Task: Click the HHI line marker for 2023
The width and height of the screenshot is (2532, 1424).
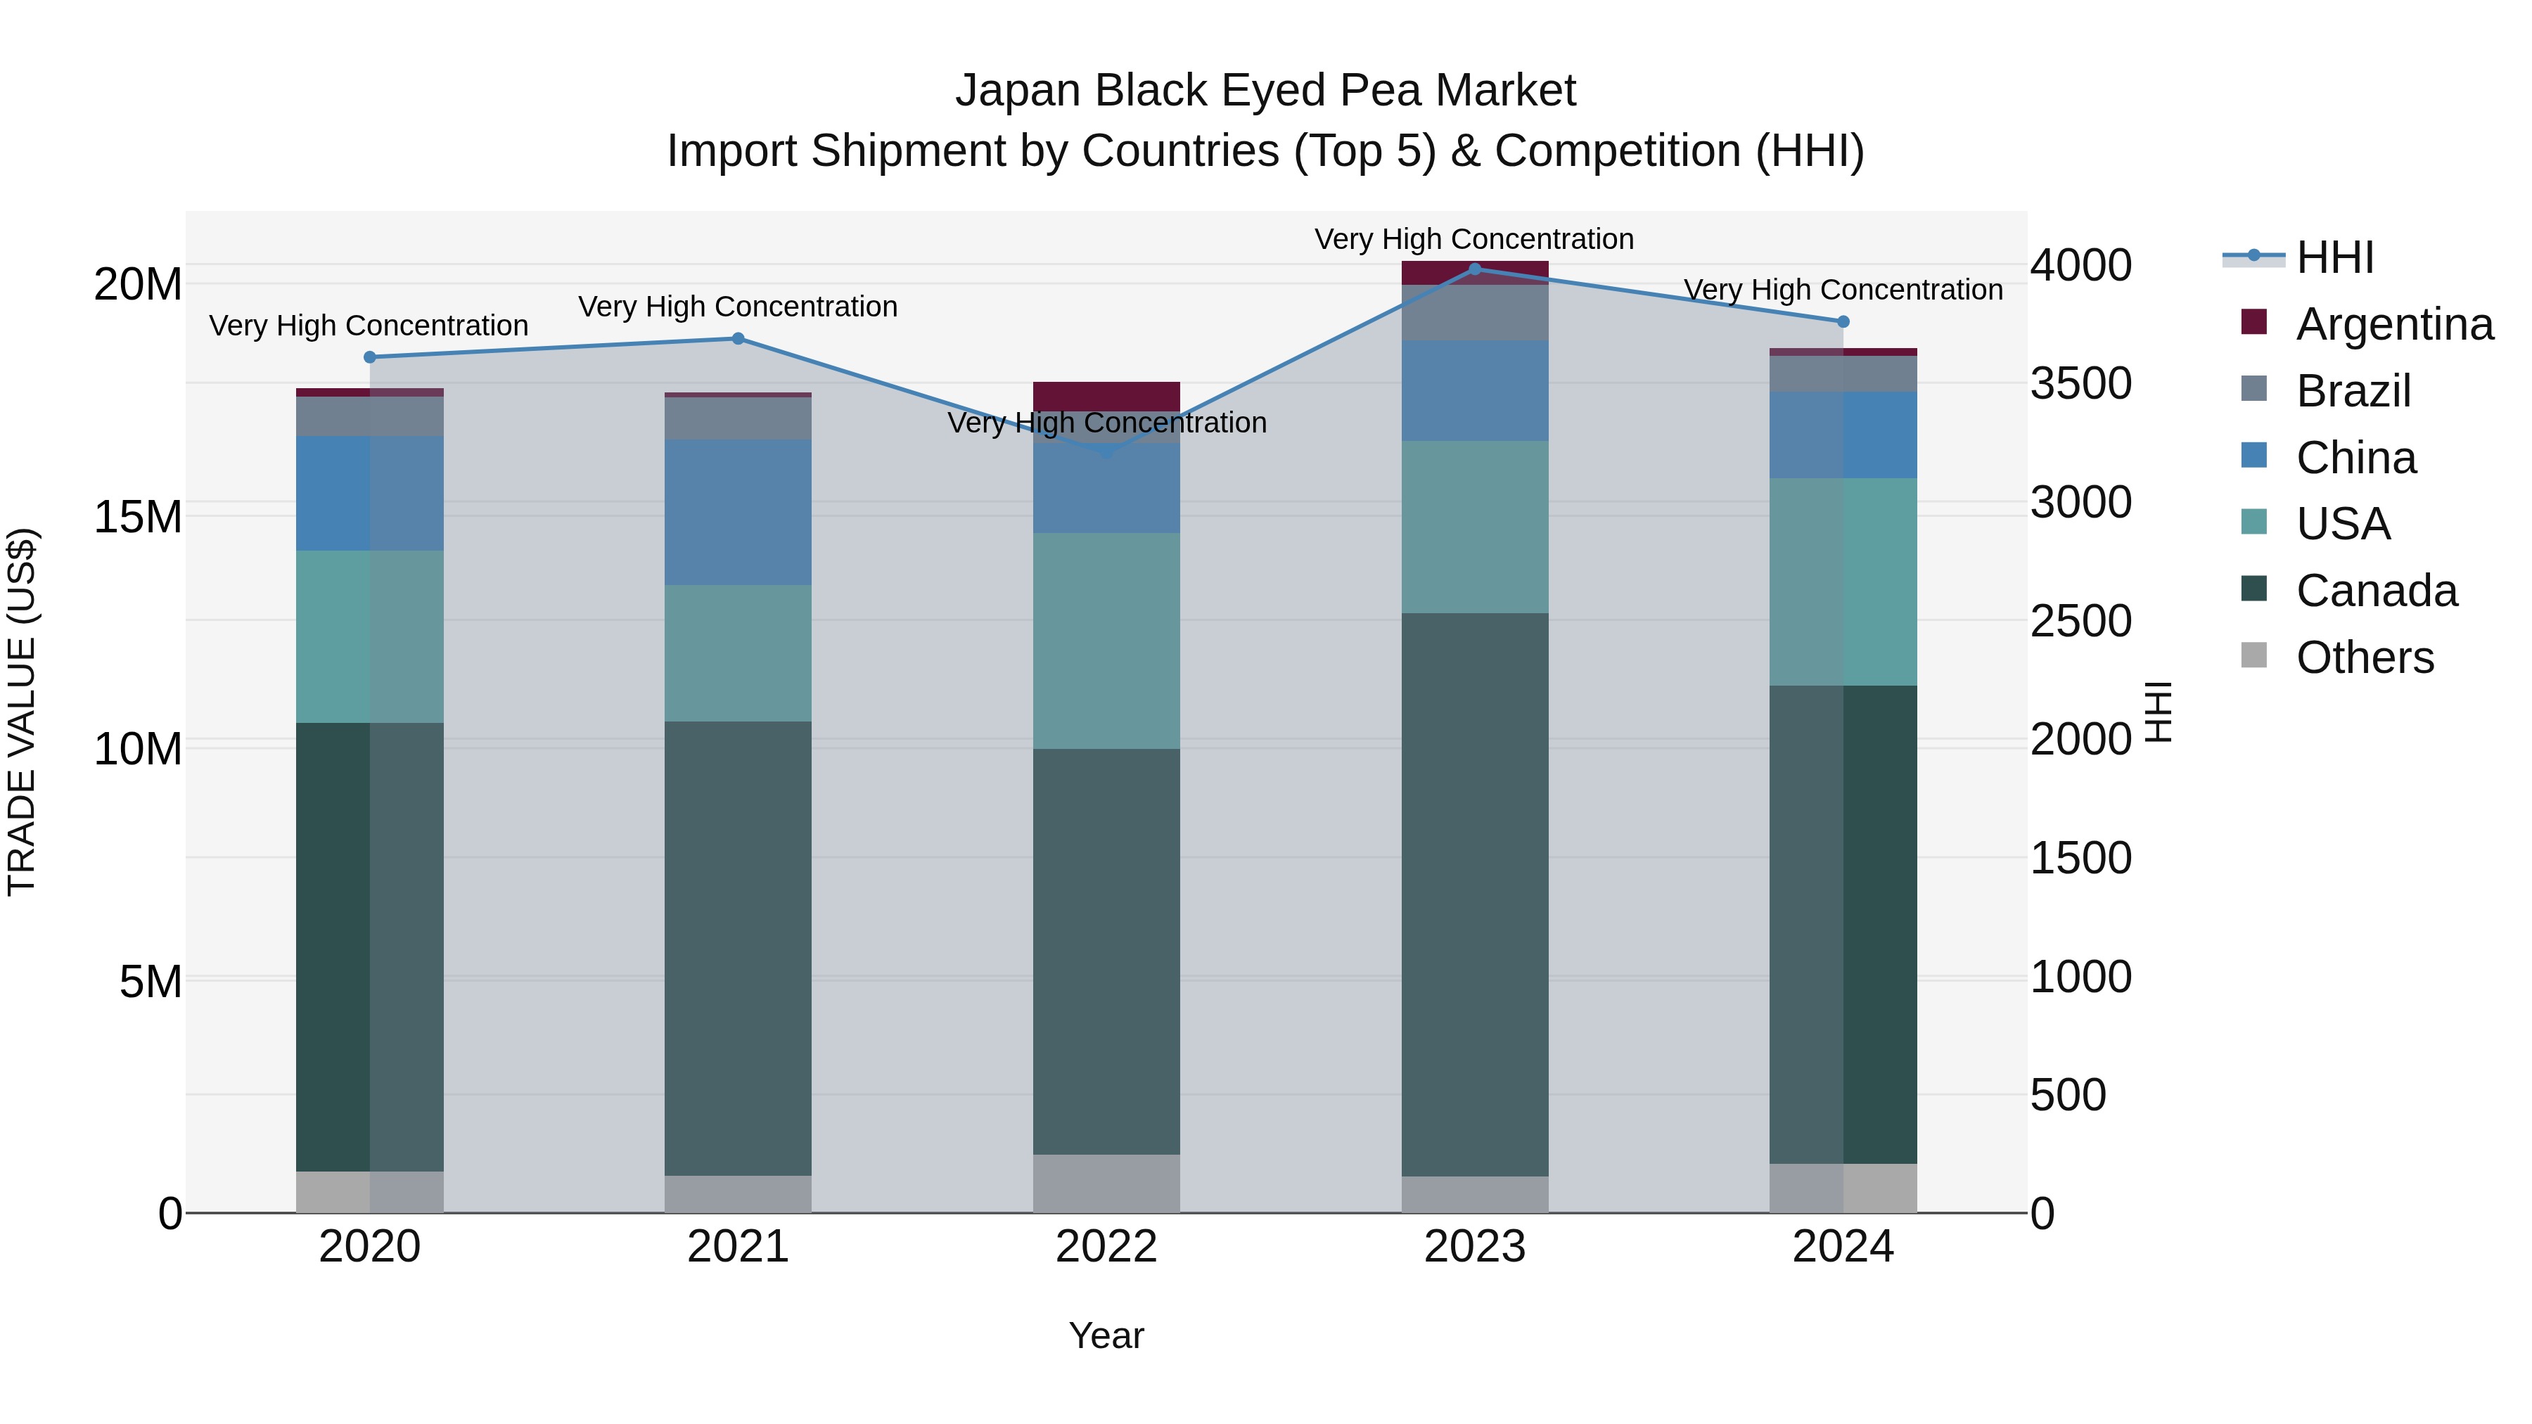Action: pos(1474,269)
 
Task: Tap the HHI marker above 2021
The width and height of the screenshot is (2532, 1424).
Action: pos(738,339)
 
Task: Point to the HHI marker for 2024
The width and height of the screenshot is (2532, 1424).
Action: pos(1843,321)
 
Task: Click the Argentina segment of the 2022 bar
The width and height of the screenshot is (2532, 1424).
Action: pos(1107,396)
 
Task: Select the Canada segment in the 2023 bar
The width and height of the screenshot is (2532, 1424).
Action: pos(1474,894)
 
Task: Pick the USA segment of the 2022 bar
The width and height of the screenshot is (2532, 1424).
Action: pos(1107,641)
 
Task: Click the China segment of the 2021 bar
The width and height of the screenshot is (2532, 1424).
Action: pos(738,512)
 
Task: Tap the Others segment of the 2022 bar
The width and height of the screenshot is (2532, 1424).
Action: pos(1107,1184)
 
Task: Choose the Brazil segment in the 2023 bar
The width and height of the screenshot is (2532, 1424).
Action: pos(1474,312)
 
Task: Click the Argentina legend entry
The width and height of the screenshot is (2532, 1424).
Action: pos(2394,324)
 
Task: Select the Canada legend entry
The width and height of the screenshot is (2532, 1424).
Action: pos(2376,591)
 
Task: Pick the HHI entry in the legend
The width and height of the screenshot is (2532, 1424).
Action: pos(2334,257)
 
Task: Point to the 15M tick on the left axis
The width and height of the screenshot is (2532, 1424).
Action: pos(138,517)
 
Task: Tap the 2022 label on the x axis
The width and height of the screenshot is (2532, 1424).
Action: pos(1107,1247)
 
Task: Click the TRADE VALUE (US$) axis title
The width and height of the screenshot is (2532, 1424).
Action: pos(22,712)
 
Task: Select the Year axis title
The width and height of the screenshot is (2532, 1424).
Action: pos(1107,1335)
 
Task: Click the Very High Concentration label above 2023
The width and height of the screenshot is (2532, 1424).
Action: pos(1474,239)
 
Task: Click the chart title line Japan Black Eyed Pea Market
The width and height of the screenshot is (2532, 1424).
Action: pos(1265,91)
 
